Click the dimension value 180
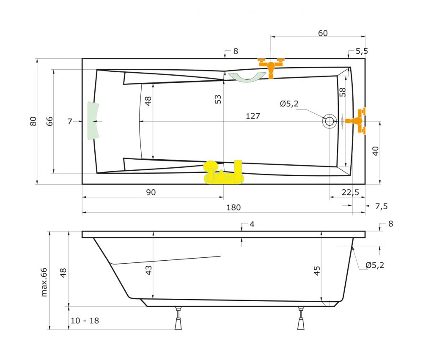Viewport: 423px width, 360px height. (233, 207)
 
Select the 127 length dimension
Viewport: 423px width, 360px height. (253, 116)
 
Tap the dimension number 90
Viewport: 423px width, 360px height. (151, 192)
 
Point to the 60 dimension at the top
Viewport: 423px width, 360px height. (323, 33)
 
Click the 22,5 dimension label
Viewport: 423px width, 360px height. (350, 192)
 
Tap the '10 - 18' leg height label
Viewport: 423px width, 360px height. (85, 321)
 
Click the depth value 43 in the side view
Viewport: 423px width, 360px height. (148, 270)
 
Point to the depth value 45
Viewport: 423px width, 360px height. (317, 270)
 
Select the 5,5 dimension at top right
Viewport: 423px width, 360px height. (361, 51)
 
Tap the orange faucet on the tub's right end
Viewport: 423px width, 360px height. (357, 121)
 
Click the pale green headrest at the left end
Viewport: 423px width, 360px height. (92, 121)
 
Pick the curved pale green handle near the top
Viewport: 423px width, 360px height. (247, 77)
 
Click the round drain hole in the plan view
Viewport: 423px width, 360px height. (329, 121)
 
